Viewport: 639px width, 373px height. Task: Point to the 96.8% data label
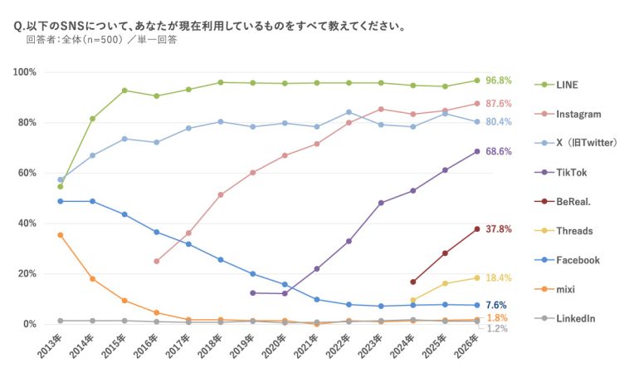pyautogui.click(x=498, y=81)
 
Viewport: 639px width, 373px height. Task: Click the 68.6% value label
pyautogui.click(x=498, y=152)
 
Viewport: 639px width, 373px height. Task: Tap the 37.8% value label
pyautogui.click(x=498, y=229)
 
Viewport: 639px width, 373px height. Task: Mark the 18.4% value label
pyautogui.click(x=498, y=277)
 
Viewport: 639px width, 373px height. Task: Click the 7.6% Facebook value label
pyautogui.click(x=495, y=305)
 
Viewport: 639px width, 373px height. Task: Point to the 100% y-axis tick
pyautogui.click(x=25, y=72)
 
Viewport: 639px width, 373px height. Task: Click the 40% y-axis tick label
pyautogui.click(x=27, y=223)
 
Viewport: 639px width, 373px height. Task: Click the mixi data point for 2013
pyautogui.click(x=61, y=235)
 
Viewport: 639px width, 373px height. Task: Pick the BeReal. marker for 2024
pyautogui.click(x=412, y=282)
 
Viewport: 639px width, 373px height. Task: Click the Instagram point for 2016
pyautogui.click(x=156, y=261)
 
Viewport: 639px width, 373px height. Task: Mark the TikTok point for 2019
pyautogui.click(x=252, y=292)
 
